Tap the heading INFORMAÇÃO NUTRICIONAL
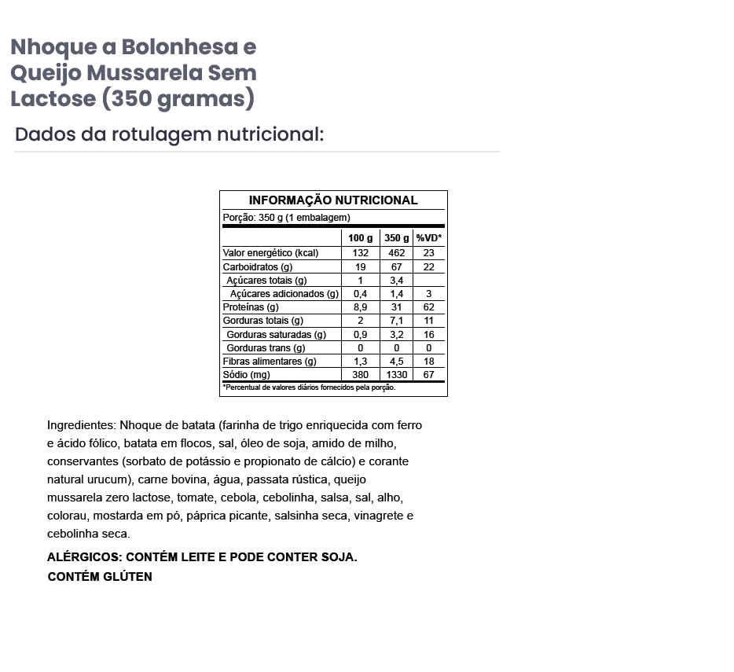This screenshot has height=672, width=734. [333, 200]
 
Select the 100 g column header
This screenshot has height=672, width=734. [361, 238]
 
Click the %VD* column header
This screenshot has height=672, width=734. [429, 238]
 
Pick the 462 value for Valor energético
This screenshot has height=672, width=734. [396, 253]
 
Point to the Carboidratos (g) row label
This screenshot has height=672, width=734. [258, 267]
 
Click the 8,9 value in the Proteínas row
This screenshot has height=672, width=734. [361, 307]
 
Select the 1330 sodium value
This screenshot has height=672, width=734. [396, 375]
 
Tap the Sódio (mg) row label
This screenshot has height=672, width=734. [247, 375]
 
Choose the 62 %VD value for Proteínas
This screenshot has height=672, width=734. [429, 307]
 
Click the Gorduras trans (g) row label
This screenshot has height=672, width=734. [266, 348]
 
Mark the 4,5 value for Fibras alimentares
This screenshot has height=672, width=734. [396, 362]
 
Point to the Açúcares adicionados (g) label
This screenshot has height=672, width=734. [284, 294]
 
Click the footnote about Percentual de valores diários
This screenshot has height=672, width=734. [310, 387]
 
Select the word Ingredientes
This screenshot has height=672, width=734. [81, 425]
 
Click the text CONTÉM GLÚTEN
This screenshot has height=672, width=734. [100, 577]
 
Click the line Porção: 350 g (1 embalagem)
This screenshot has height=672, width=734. [287, 218]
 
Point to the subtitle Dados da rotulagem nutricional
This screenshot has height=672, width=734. [169, 134]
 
